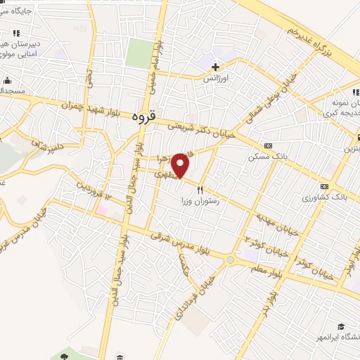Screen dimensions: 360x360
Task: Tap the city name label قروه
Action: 142,117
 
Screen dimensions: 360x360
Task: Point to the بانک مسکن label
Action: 264,156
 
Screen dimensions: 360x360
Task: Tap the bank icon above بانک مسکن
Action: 267,144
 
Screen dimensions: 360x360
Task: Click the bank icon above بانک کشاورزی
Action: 324,186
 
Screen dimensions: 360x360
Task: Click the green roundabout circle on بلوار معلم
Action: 230,261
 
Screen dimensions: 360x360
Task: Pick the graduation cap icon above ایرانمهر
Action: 341,327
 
